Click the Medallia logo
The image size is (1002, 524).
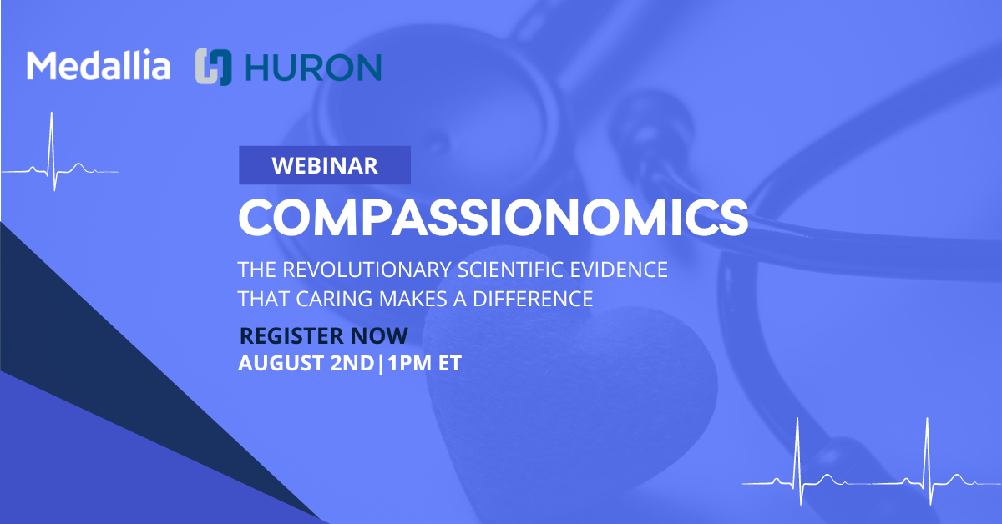(x=99, y=65)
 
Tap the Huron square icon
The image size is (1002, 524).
(x=214, y=67)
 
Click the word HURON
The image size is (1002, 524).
(x=313, y=68)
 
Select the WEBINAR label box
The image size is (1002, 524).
(x=325, y=165)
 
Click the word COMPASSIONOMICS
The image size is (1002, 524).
(x=493, y=217)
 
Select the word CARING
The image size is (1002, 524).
(x=334, y=299)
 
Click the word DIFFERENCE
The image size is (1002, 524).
(x=533, y=299)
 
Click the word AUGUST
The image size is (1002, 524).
(x=281, y=363)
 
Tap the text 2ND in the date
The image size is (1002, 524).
(x=352, y=363)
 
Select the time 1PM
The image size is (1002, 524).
(x=409, y=363)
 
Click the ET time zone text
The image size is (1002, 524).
(x=449, y=363)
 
